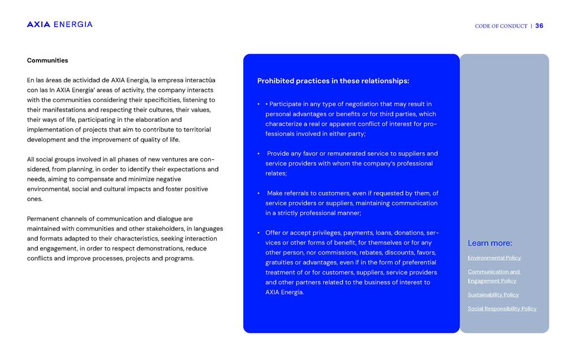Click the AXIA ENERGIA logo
[59, 24]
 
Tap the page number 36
[539, 26]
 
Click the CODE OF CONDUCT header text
[501, 26]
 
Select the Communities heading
[47, 60]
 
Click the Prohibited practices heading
[333, 81]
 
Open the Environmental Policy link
[494, 258]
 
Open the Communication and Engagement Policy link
[494, 276]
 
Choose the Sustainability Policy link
[493, 295]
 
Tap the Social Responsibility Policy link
[502, 309]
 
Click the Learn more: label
[490, 243]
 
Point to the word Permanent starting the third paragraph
[42, 219]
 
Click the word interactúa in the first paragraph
[199, 80]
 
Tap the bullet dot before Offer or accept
[259, 233]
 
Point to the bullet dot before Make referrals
[259, 194]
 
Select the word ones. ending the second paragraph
[34, 199]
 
